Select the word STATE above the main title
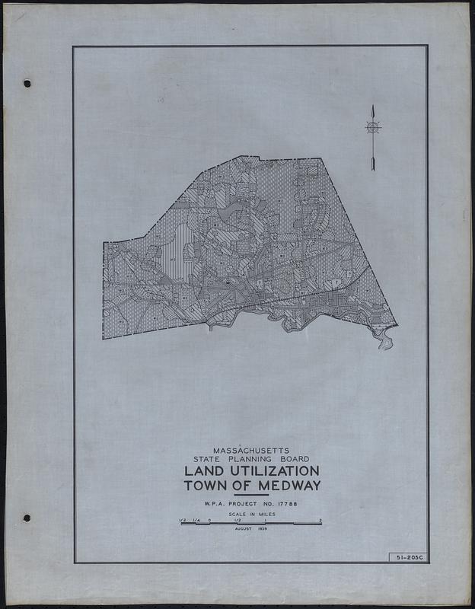pyautogui.click(x=207, y=459)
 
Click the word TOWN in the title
pyautogui.click(x=204, y=486)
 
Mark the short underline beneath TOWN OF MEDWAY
pyautogui.click(x=251, y=496)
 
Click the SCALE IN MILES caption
pyautogui.click(x=251, y=515)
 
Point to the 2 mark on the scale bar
pyautogui.click(x=320, y=520)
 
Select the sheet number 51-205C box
pyautogui.click(x=406, y=557)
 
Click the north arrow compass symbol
pyautogui.click(x=373, y=128)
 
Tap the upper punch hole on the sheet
pyautogui.click(x=27, y=83)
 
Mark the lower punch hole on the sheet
pyautogui.click(x=27, y=518)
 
